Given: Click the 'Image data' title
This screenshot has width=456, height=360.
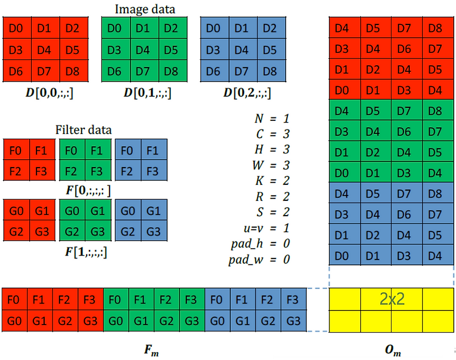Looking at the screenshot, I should click(145, 9).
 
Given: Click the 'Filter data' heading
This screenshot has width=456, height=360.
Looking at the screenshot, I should click(84, 130).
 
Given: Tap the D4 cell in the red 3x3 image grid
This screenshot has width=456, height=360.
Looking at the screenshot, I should click(44, 50).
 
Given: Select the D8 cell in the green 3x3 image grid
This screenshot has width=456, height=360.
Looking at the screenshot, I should click(171, 71).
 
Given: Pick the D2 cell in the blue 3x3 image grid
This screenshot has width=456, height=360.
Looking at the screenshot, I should click(270, 28).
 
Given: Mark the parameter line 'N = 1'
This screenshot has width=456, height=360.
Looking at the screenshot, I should click(272, 119).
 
